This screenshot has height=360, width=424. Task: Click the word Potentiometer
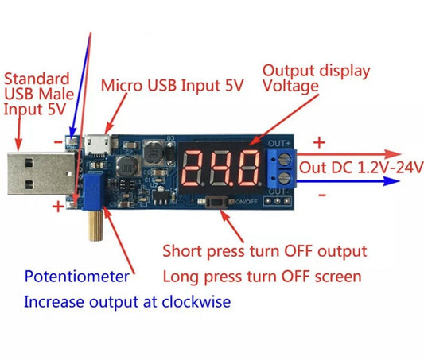pos(76,277)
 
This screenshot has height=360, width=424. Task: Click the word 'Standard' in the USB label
pos(37,79)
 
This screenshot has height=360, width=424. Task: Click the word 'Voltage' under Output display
pos(291,86)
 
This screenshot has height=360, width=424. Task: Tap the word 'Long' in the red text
pos(180,277)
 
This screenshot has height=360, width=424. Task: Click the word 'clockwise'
pos(198,302)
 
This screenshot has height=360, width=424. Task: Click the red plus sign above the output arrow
pos(319,143)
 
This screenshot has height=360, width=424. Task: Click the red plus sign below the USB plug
pos(58,207)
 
